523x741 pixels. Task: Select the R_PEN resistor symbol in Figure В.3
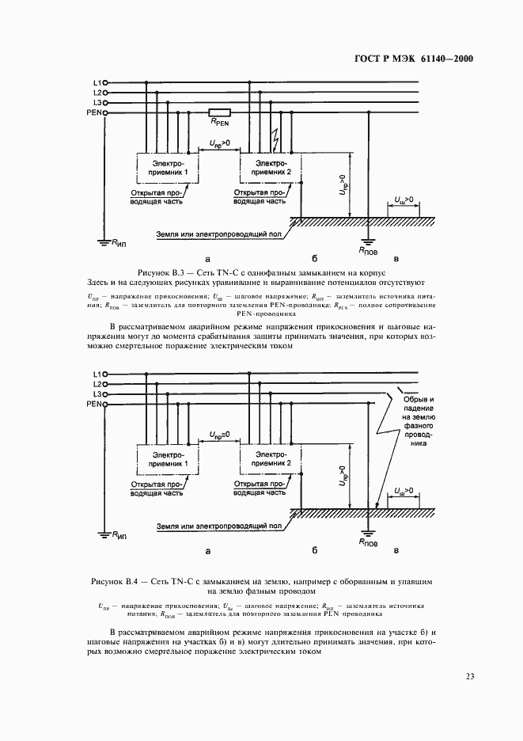click(219, 112)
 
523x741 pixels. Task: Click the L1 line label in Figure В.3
click(96, 82)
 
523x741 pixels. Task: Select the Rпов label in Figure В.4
click(368, 544)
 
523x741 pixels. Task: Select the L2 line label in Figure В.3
click(96, 93)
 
